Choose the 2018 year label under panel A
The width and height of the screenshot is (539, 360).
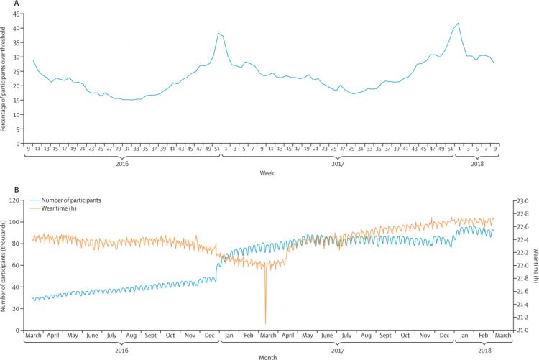pyautogui.click(x=475, y=164)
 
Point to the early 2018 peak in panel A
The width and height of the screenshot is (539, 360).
pyautogui.click(x=458, y=23)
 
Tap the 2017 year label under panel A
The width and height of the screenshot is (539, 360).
pyautogui.click(x=338, y=164)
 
